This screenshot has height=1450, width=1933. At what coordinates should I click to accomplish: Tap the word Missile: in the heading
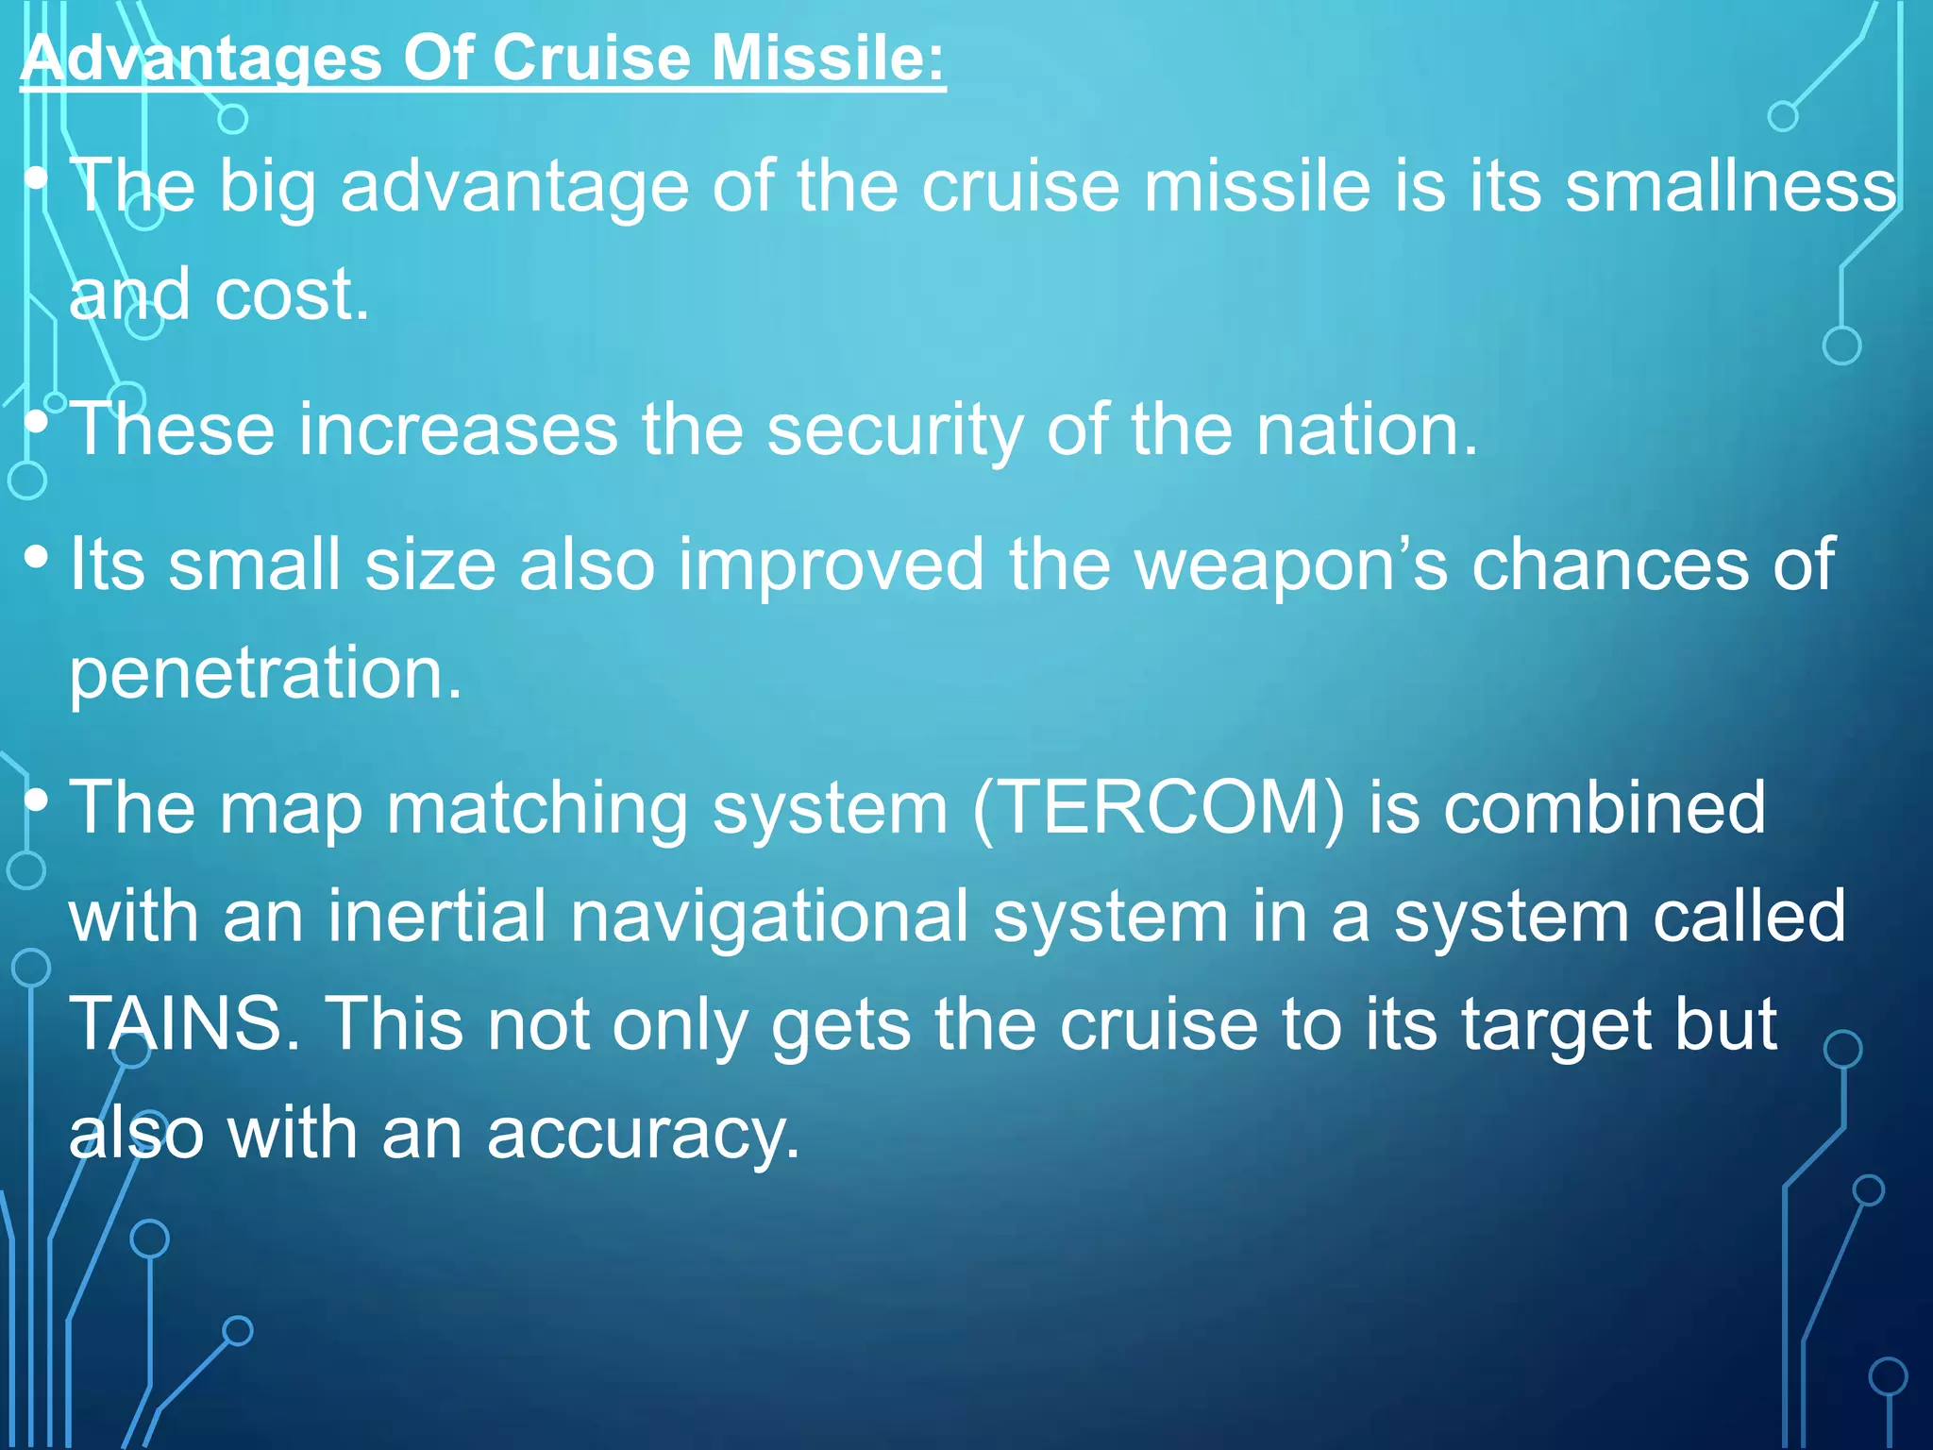[828, 59]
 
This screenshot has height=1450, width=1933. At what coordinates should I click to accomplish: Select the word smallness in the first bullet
[1730, 186]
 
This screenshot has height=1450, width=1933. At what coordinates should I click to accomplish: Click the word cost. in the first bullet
[292, 295]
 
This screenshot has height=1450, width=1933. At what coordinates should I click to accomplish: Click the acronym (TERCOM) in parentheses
[1158, 808]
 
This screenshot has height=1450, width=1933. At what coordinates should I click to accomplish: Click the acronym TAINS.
[185, 1024]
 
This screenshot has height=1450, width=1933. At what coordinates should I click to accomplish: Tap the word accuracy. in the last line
[643, 1133]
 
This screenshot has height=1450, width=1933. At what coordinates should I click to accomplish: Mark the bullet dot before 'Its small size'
[37, 558]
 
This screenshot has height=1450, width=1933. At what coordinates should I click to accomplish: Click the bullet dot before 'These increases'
[37, 423]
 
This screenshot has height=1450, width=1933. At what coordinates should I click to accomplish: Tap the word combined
[1604, 808]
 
